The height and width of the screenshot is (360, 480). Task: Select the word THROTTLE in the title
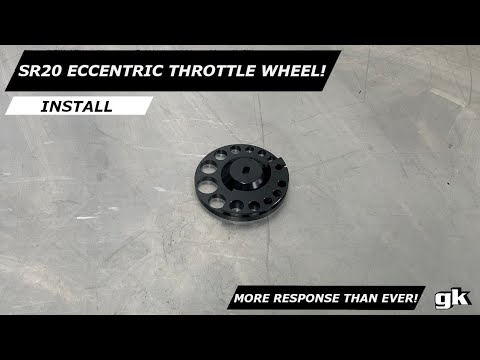pyautogui.click(x=220, y=72)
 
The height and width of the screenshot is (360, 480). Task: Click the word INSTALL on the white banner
pyautogui.click(x=76, y=105)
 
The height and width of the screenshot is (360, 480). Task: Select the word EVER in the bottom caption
pyautogui.click(x=401, y=299)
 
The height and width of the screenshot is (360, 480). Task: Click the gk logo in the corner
pyautogui.click(x=445, y=298)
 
